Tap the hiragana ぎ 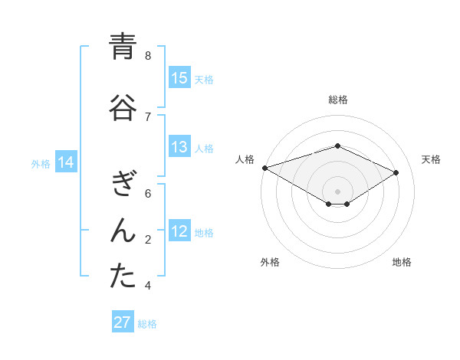click(x=123, y=185)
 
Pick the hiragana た click(x=123, y=277)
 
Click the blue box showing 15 click(x=179, y=78)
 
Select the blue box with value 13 click(x=179, y=148)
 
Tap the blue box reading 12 click(x=179, y=232)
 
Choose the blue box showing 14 click(x=66, y=162)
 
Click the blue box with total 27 click(x=123, y=322)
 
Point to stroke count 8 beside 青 click(x=148, y=55)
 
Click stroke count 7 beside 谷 click(x=148, y=116)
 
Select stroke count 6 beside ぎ click(x=148, y=193)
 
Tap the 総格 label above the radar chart click(x=337, y=100)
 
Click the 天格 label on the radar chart click(x=431, y=159)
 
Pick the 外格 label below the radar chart click(x=270, y=262)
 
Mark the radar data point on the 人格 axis click(x=264, y=167)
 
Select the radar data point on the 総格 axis click(x=337, y=145)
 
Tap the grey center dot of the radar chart click(x=337, y=191)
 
